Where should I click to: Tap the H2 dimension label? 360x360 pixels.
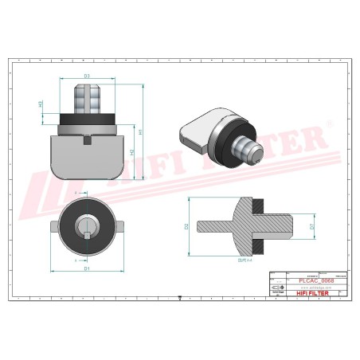[x=131, y=151]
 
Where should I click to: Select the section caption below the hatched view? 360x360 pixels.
[x=244, y=260]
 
